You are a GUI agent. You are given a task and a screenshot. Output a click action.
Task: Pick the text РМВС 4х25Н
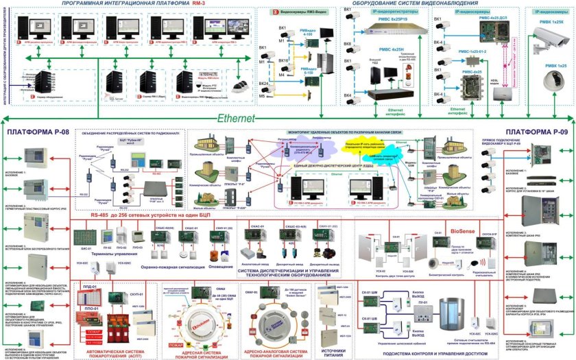(392, 50)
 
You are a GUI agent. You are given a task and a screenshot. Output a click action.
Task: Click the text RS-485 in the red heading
(103, 217)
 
